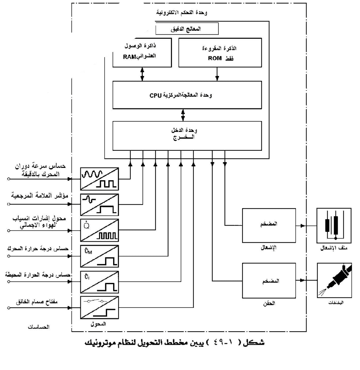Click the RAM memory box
pos(142,53)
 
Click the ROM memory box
pos(220,53)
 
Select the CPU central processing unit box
pos(187,95)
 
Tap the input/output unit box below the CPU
pos(187,135)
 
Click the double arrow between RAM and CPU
pos(142,74)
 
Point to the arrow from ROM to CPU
pos(217,74)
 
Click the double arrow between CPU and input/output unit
pos(183,115)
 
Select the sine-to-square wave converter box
pos(99,179)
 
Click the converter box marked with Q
pos(99,230)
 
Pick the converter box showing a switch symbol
pos(99,308)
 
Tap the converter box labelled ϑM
pos(99,256)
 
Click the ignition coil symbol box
pos(334,226)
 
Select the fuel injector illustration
pos(334,280)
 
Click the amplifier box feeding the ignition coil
pos(269,226)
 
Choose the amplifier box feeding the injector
pos(269,281)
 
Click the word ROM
pos(215,58)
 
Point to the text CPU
pos(156,96)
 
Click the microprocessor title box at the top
pos(187,29)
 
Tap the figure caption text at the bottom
pos(175,342)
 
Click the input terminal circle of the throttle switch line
pos(9,308)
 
